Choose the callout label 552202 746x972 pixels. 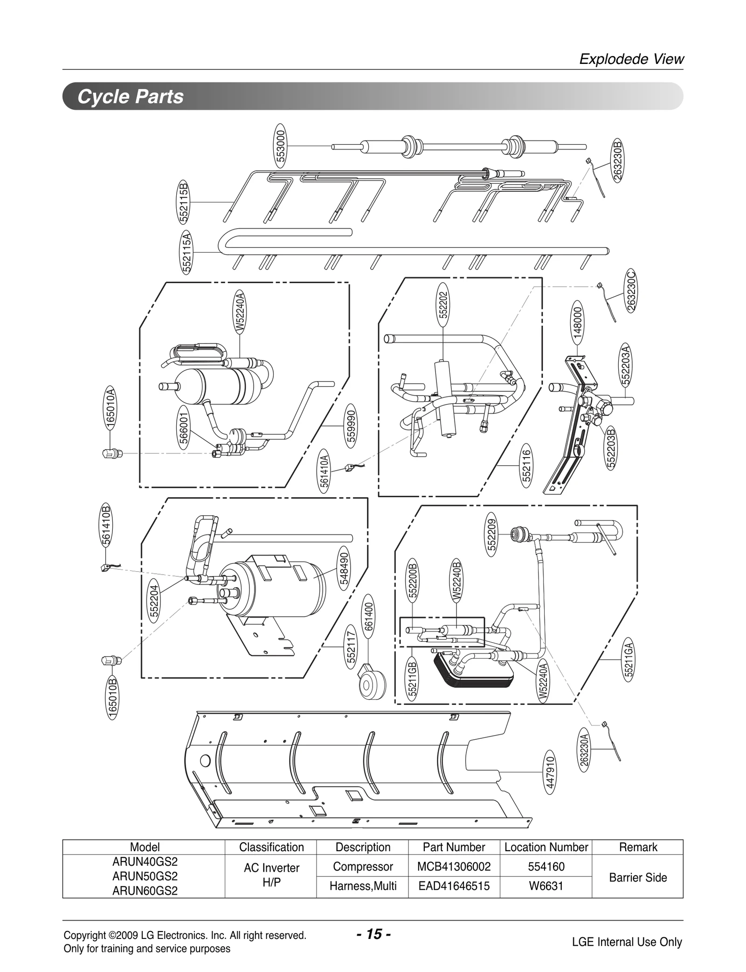click(443, 305)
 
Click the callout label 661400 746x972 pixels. click(368, 616)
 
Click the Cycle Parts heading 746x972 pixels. click(131, 97)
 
